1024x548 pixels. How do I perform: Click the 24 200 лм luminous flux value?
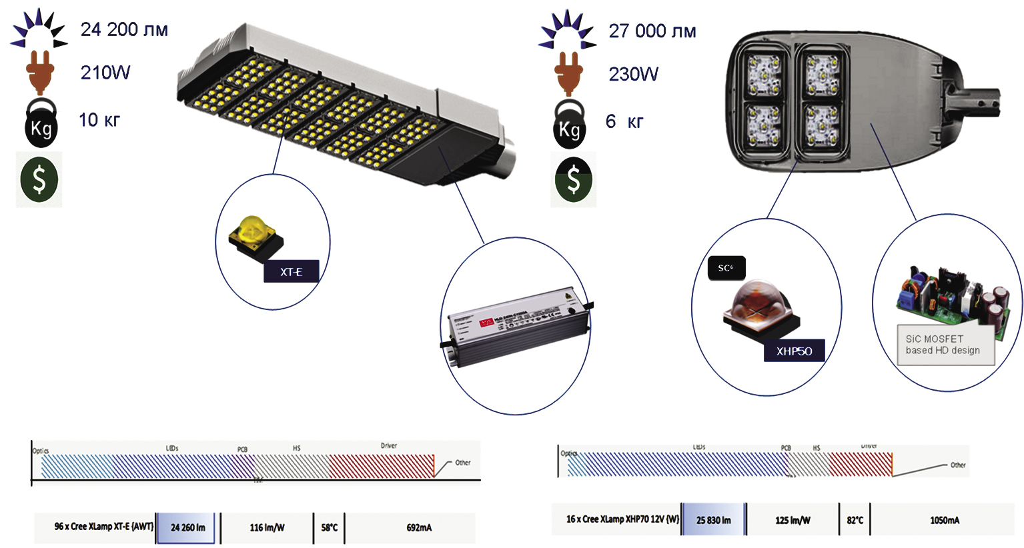pos(124,30)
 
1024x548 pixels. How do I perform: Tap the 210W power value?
pos(105,73)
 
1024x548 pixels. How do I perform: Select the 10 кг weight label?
pos(99,120)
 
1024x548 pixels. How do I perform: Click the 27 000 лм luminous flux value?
pos(652,31)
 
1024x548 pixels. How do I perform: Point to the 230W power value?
pos(633,74)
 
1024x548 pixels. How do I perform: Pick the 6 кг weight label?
pos(624,121)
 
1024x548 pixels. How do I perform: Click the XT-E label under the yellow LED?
pos(291,272)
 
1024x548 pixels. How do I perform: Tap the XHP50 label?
pos(794,351)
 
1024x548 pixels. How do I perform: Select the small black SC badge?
pos(726,268)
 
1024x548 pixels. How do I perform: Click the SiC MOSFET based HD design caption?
pos(943,345)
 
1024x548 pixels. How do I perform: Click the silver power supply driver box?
pos(517,325)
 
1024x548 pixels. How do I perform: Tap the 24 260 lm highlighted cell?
pos(187,528)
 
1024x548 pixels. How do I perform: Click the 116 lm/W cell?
pos(267,528)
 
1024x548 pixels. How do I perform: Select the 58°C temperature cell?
pos(330,528)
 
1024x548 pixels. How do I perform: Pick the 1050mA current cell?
pos(945,520)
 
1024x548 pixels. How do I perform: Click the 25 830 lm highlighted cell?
pos(713,520)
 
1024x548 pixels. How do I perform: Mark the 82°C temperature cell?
pos(855,520)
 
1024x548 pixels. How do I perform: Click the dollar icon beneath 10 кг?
pos(39,179)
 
